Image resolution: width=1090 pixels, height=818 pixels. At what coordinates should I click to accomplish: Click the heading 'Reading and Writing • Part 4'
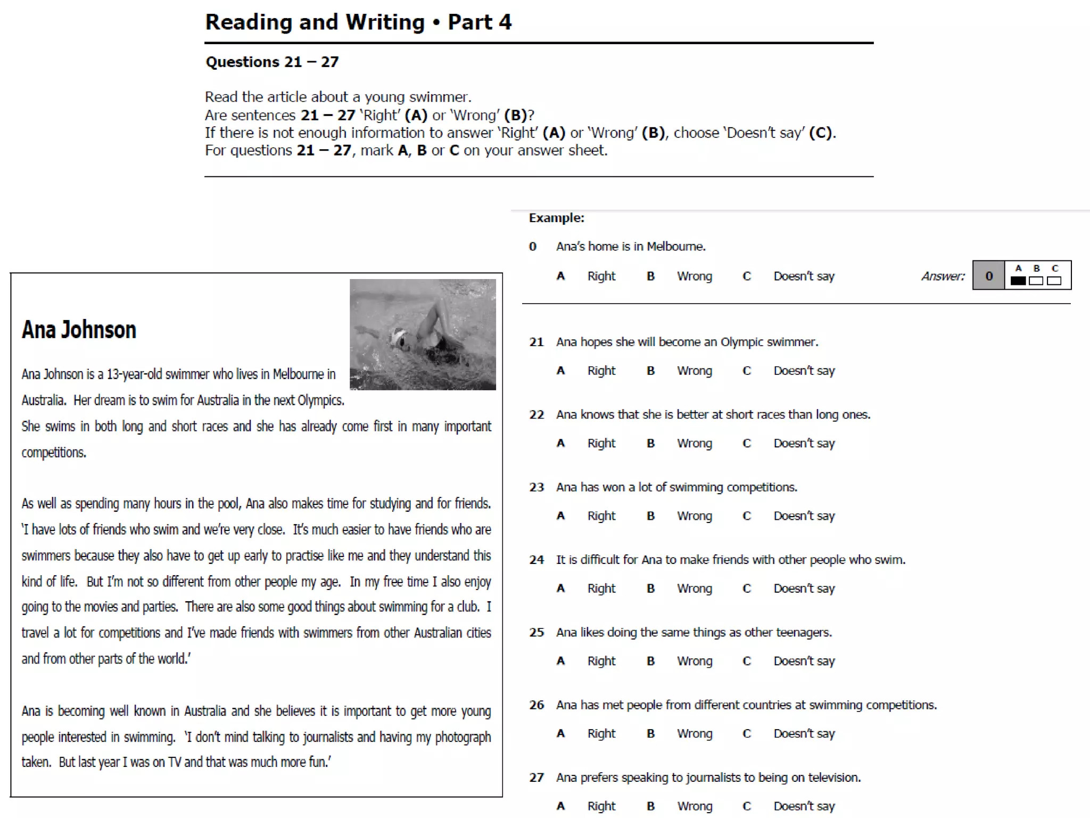tap(358, 22)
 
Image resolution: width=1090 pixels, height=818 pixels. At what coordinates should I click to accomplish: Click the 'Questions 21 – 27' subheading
tap(272, 62)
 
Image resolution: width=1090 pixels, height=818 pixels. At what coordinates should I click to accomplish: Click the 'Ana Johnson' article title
tap(79, 330)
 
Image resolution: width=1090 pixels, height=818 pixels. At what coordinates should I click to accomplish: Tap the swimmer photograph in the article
tap(423, 334)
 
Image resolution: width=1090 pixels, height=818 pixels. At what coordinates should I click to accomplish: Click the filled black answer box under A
tap(1018, 281)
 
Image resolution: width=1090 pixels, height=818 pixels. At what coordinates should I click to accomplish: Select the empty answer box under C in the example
tap(1054, 281)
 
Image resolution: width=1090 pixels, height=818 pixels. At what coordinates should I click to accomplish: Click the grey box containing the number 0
tap(988, 276)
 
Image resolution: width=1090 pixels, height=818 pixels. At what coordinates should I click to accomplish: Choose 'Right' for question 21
tap(601, 371)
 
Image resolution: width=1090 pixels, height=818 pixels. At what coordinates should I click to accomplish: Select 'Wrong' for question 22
tap(694, 443)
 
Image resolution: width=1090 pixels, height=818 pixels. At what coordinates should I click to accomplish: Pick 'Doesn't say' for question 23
tap(804, 516)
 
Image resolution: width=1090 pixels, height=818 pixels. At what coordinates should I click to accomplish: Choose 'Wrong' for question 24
tap(694, 588)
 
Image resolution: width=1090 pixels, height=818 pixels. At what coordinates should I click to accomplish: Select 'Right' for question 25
tap(601, 661)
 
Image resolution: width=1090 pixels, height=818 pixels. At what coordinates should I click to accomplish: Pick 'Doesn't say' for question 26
tap(804, 733)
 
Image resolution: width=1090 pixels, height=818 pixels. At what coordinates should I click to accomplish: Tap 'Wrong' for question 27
tap(694, 806)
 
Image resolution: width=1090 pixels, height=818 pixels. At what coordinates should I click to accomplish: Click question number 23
tap(536, 487)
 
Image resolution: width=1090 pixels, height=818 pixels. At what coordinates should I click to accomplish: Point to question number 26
tap(536, 705)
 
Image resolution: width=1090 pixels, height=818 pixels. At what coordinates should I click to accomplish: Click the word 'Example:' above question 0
tap(556, 218)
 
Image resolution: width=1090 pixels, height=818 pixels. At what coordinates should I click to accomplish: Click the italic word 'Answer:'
tap(943, 276)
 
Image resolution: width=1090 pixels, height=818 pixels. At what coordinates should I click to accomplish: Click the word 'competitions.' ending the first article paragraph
tap(54, 453)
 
